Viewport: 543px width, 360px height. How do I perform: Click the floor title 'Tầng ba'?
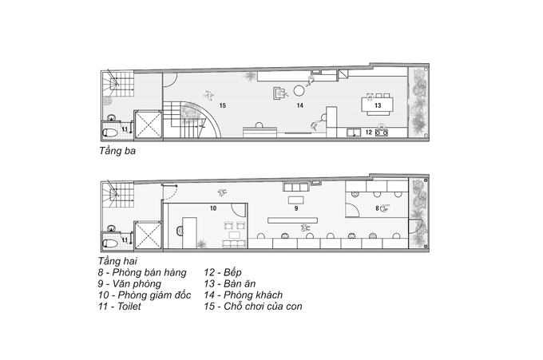pyautogui.click(x=117, y=151)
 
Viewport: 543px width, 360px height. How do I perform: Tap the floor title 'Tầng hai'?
pyautogui.click(x=117, y=261)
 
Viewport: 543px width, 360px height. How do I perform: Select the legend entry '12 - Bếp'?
pyautogui.click(x=222, y=272)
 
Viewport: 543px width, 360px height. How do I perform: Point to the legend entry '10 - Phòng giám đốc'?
pyautogui.click(x=145, y=295)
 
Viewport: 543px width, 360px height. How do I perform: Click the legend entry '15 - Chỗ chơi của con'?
pyautogui.click(x=253, y=307)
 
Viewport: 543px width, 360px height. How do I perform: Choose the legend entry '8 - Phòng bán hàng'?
pyautogui.click(x=142, y=273)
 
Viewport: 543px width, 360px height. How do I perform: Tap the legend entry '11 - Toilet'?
pyautogui.click(x=120, y=307)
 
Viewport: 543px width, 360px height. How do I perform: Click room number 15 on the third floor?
pyautogui.click(x=223, y=105)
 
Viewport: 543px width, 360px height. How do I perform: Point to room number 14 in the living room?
pyautogui.click(x=300, y=105)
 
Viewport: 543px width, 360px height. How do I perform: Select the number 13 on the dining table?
pyautogui.click(x=378, y=105)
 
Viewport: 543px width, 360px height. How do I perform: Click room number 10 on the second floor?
pyautogui.click(x=213, y=208)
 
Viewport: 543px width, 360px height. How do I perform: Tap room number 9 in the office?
pyautogui.click(x=296, y=208)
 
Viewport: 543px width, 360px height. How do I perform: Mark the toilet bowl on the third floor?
pyautogui.click(x=110, y=133)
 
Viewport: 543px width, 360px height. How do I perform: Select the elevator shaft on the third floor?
pyautogui.click(x=148, y=125)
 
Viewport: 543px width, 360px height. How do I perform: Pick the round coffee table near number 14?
pyautogui.click(x=299, y=91)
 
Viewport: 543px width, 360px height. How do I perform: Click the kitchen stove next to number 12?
pyautogui.click(x=382, y=132)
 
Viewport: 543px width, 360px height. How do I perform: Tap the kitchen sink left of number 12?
pyautogui.click(x=353, y=133)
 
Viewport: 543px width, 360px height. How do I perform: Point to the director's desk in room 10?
pyautogui.click(x=189, y=231)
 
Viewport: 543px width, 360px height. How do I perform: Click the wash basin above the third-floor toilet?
pyautogui.click(x=112, y=117)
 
